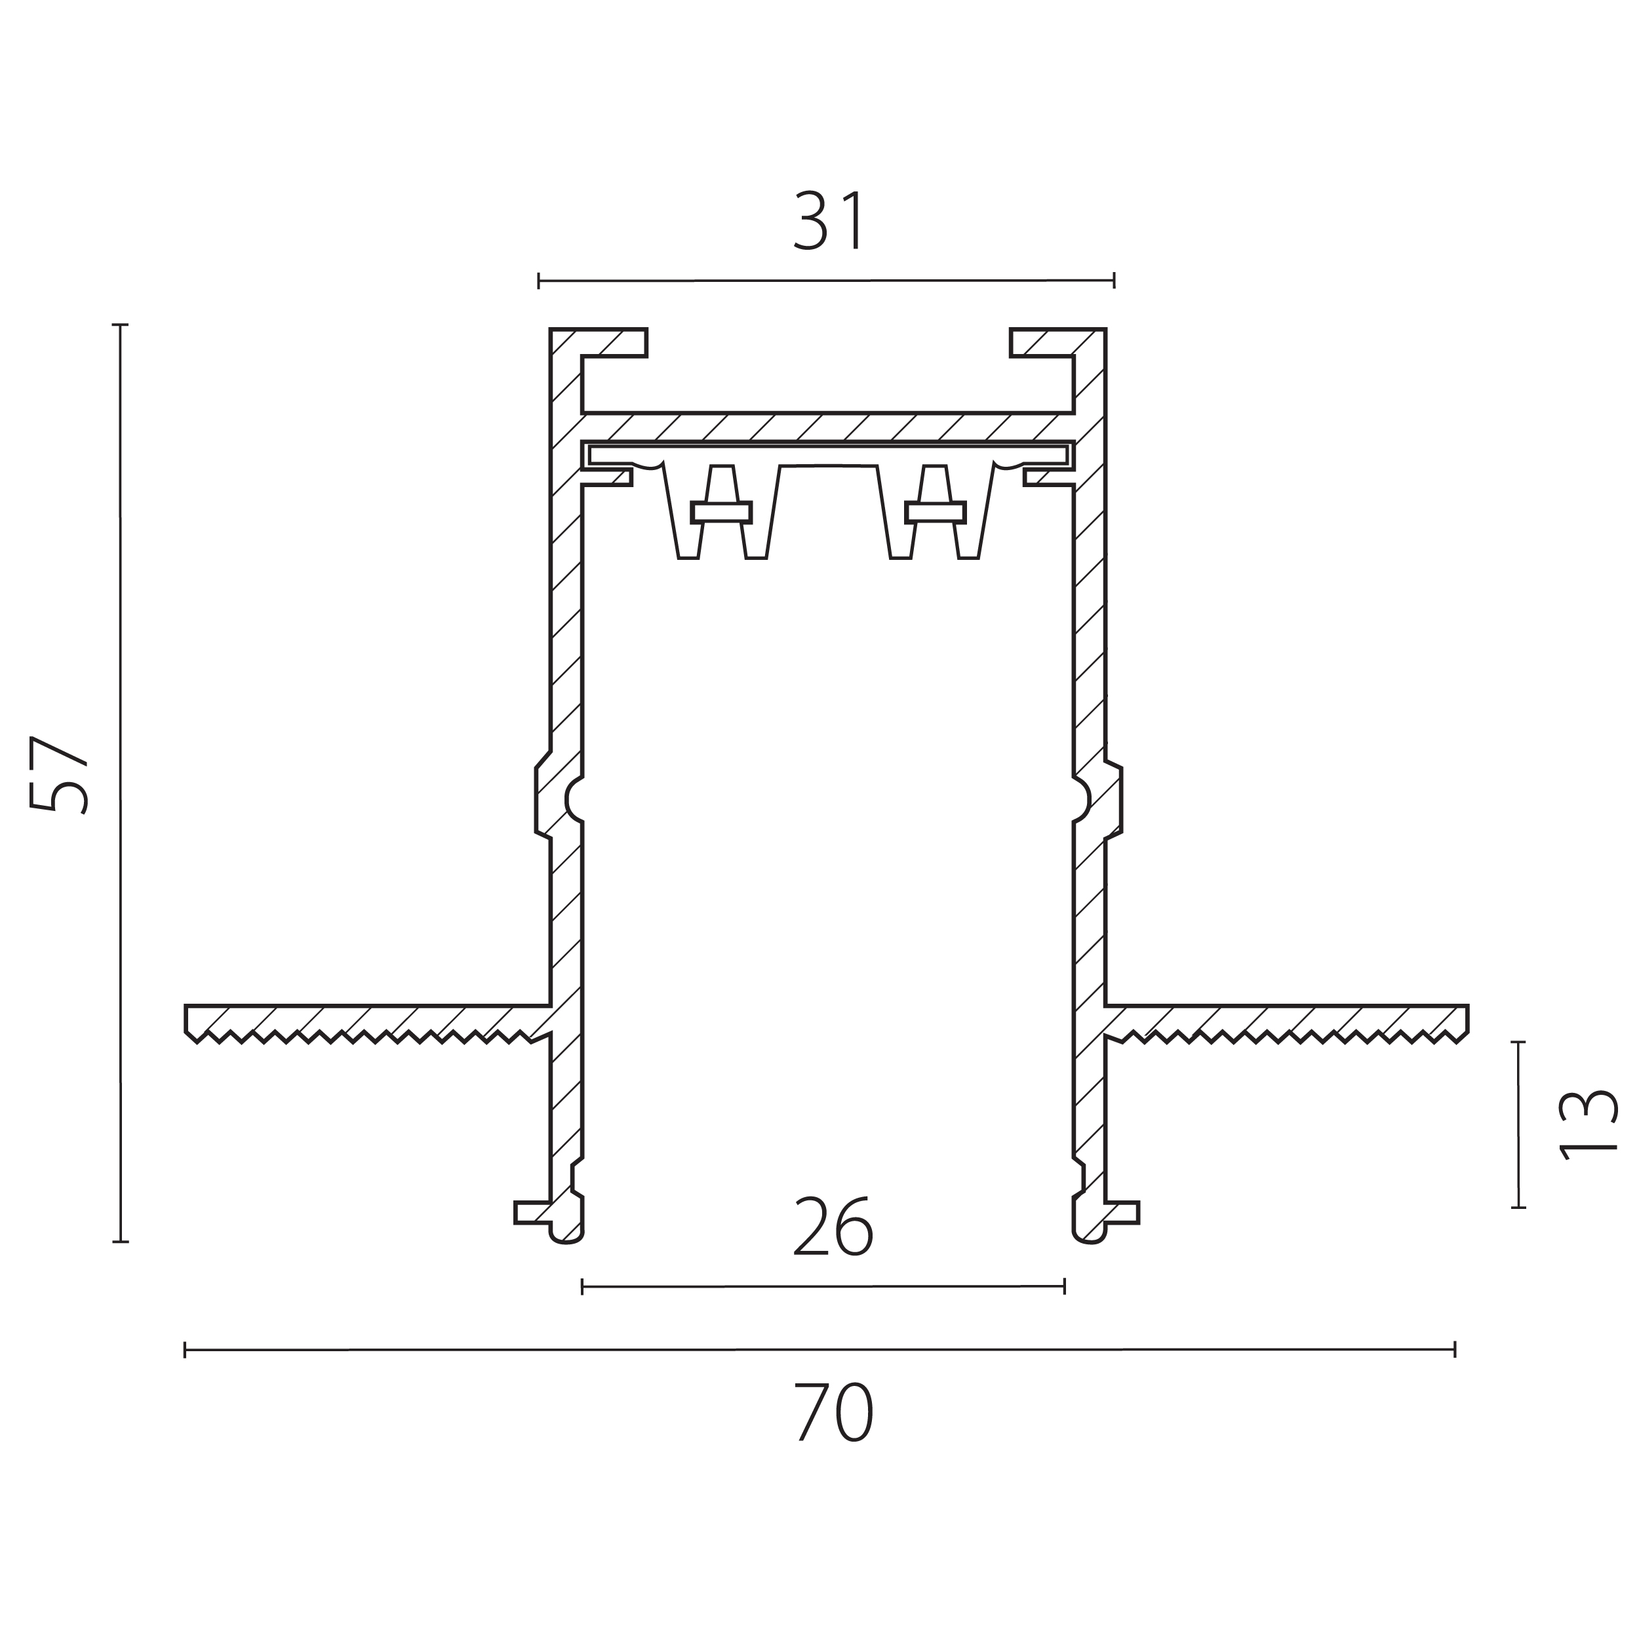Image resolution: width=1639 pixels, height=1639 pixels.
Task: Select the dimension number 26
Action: click(832, 1227)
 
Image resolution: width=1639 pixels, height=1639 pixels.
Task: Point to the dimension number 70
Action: click(835, 1413)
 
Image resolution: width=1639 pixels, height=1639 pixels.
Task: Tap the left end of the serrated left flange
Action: click(186, 1019)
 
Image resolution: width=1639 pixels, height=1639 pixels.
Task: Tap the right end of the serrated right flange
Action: click(1467, 1019)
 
